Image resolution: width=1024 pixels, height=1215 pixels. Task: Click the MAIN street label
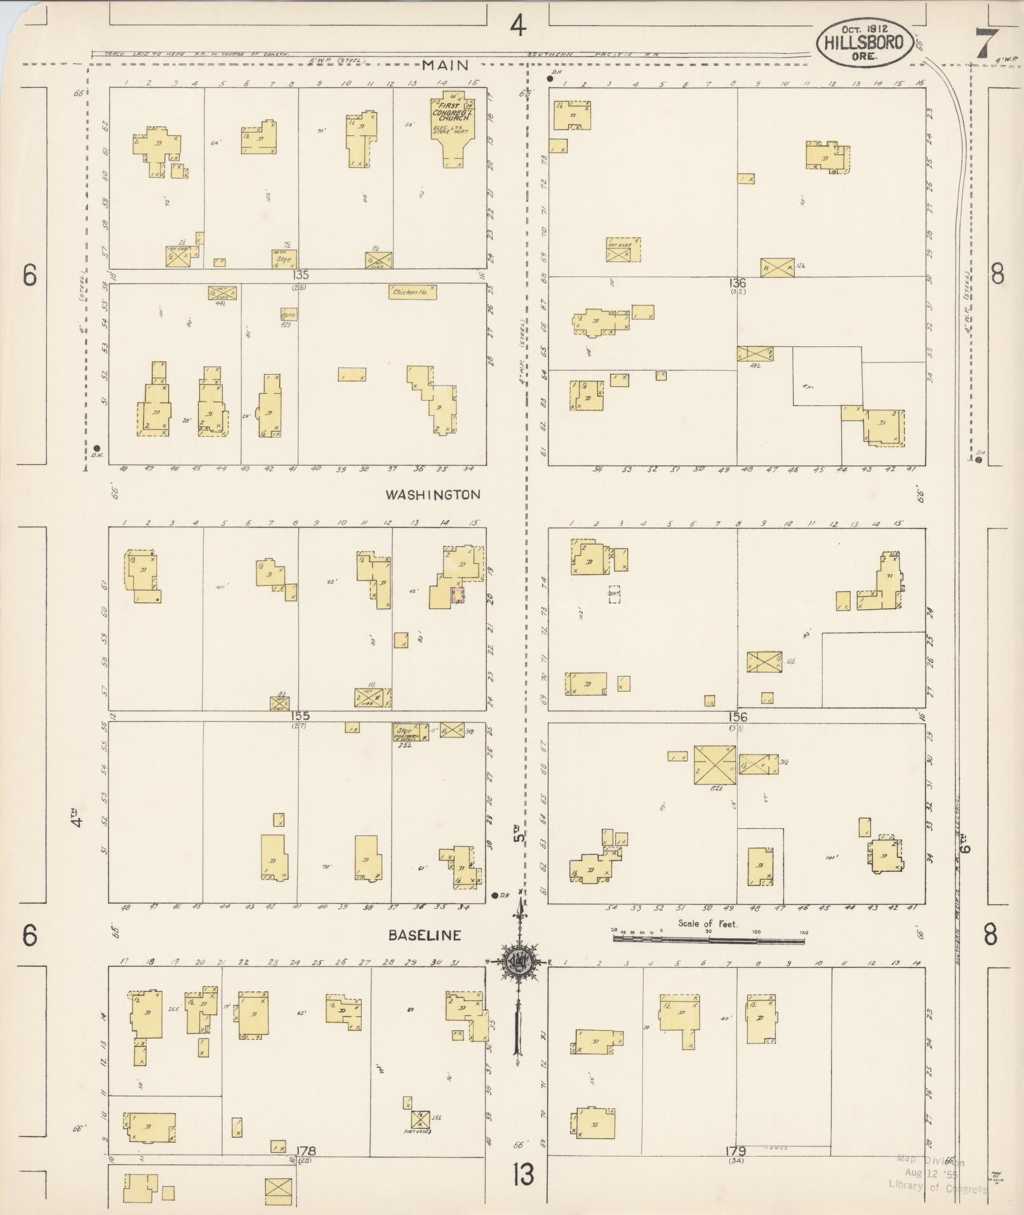(445, 65)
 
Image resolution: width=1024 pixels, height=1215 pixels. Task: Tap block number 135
(300, 276)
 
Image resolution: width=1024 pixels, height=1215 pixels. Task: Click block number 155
(298, 716)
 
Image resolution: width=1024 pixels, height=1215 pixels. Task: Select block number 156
(738, 717)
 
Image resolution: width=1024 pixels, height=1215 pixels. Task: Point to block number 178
(306, 1151)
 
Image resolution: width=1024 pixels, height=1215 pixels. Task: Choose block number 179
(737, 1151)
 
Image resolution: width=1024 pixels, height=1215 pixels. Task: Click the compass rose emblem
(519, 963)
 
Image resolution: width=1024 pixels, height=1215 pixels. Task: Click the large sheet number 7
(985, 44)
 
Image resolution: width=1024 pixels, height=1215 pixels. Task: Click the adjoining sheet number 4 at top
(519, 26)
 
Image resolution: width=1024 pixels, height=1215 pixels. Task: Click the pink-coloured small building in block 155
(457, 595)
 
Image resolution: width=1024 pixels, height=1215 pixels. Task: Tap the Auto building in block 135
(289, 314)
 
